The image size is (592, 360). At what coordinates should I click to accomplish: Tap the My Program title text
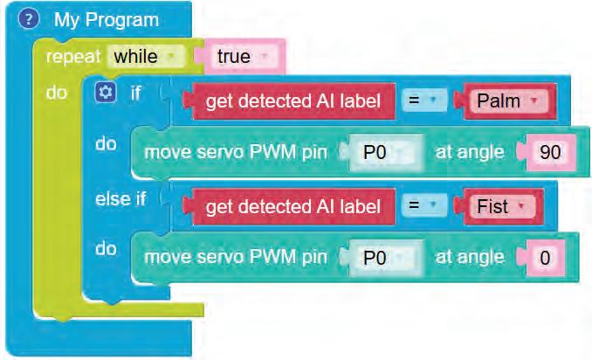click(107, 19)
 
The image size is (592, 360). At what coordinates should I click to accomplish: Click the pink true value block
click(238, 57)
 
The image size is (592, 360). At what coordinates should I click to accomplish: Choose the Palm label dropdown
click(505, 101)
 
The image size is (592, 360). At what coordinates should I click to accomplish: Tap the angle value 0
click(546, 257)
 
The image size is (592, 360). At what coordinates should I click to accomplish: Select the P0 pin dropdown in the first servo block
click(384, 152)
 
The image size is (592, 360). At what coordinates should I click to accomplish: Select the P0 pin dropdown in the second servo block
click(384, 257)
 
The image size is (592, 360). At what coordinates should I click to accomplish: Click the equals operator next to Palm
click(423, 101)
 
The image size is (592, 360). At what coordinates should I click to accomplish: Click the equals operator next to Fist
click(423, 206)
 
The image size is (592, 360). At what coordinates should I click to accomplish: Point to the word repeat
click(73, 57)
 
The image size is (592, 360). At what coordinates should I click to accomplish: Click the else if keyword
click(120, 198)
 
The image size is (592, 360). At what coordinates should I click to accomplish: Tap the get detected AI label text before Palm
click(293, 101)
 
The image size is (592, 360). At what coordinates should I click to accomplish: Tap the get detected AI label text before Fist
click(293, 206)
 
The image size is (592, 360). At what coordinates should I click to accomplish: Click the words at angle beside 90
click(469, 152)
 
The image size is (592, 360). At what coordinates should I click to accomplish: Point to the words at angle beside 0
click(469, 257)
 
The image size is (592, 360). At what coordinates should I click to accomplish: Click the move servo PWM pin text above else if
click(234, 152)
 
